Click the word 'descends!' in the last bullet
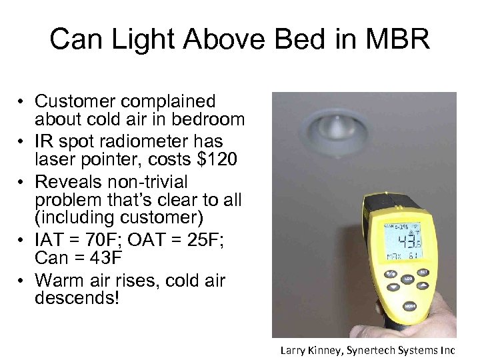[77, 298]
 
